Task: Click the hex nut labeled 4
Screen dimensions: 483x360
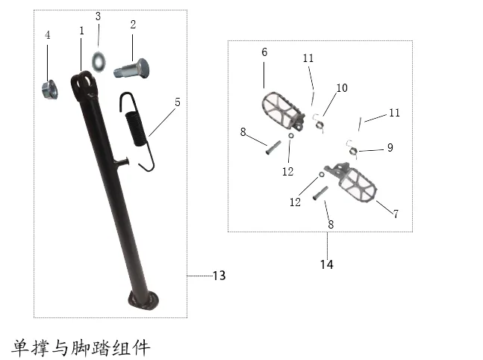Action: [x=49, y=90]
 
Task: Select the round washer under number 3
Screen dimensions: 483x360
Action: [x=99, y=62]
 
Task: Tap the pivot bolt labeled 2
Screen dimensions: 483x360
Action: [x=131, y=69]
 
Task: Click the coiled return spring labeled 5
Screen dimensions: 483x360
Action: [x=137, y=131]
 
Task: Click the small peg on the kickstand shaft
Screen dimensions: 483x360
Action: [x=122, y=161]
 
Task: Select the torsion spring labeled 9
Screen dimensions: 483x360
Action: [x=352, y=149]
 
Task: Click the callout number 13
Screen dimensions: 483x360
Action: [x=219, y=276]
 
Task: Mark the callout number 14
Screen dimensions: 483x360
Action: [x=326, y=264]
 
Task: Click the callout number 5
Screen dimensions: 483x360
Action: [x=178, y=102]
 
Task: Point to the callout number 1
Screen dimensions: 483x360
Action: [x=81, y=31]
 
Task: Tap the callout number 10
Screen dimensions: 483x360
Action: [x=342, y=88]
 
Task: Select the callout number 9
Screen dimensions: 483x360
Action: [x=390, y=148]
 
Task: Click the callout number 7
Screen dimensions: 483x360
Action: [x=396, y=214]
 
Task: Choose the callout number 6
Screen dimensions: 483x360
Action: [x=264, y=52]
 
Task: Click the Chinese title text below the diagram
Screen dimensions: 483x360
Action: [x=81, y=348]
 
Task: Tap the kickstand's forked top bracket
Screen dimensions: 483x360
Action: [x=83, y=84]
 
